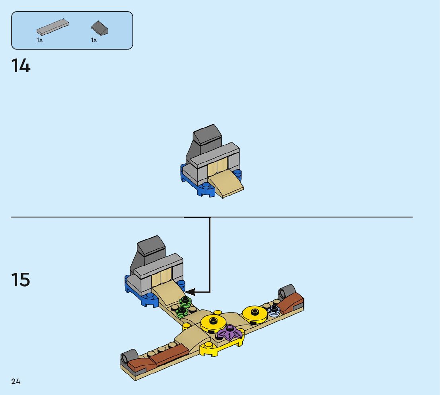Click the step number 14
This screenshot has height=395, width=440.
point(21,66)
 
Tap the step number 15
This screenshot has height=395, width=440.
point(21,280)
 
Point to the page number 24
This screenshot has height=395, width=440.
point(16,381)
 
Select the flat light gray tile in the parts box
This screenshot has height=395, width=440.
point(53,27)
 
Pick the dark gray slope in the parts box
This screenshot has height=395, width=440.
point(100,28)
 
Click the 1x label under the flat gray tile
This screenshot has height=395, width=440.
point(40,40)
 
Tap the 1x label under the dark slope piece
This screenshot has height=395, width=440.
point(94,40)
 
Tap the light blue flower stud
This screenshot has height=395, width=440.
point(274,311)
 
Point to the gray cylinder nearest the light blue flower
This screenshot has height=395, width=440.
point(286,292)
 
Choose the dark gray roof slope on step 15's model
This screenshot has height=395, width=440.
point(152,249)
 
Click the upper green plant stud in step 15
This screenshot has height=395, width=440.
point(185,301)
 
